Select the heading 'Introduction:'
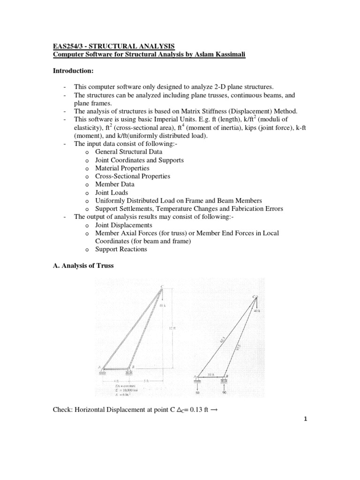click(x=74, y=71)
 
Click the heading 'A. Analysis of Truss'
click(x=82, y=266)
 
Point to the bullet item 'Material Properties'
click(x=122, y=168)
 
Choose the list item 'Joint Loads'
click(x=111, y=192)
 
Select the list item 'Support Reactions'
click(x=121, y=249)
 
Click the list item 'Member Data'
click(x=114, y=184)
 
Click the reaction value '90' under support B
click(x=225, y=392)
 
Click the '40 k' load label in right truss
click(x=257, y=311)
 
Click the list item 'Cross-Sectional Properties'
click(x=133, y=176)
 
